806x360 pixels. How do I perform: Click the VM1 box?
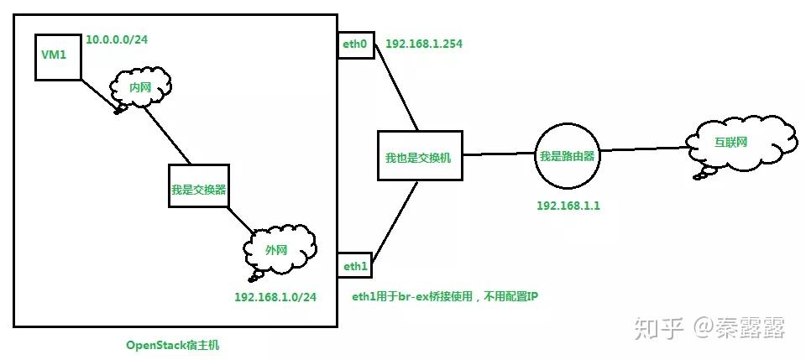58,57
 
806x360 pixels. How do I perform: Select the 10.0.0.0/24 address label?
118,39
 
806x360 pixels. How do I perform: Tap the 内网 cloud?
140,87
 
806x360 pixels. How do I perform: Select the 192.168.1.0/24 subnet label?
275,296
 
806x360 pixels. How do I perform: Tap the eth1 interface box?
355,265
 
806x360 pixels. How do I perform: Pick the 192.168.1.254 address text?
425,44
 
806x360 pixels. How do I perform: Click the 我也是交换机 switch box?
418,155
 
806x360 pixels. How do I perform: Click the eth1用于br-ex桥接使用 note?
445,296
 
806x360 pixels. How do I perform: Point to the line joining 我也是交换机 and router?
499,154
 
